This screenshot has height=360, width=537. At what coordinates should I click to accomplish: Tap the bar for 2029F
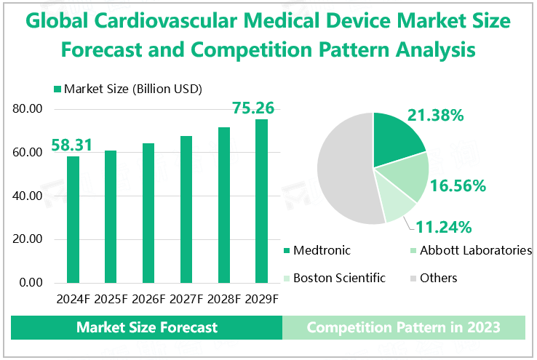(261, 201)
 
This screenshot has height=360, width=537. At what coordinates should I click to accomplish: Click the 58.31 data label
(71, 145)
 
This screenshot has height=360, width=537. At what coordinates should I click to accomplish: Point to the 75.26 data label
(253, 108)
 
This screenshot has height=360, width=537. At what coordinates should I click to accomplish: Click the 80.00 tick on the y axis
(29, 109)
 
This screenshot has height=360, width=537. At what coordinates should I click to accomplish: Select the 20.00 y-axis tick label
(29, 239)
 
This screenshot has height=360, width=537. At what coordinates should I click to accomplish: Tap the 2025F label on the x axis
(111, 299)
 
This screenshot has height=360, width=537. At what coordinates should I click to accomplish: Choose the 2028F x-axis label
(223, 299)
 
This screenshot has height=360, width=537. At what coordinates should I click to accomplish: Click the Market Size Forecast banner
(147, 327)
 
